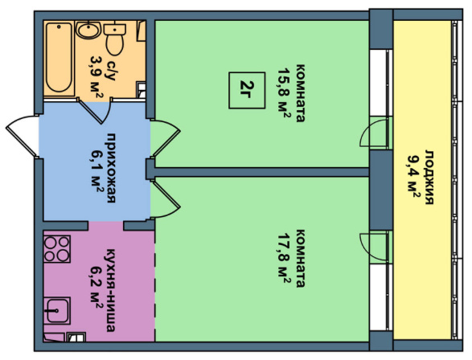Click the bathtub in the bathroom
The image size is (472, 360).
[59, 58]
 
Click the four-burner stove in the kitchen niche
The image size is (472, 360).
[57, 249]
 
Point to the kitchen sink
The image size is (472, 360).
[57, 310]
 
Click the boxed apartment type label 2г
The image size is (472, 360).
[247, 90]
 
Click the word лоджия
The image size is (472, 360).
[429, 177]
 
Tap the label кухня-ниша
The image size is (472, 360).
[110, 290]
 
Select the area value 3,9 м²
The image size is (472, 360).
[96, 77]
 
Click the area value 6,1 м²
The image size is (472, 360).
[96, 170]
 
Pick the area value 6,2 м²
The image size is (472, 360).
[96, 288]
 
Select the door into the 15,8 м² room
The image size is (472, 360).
[166, 137]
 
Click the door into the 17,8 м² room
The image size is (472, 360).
[166, 198]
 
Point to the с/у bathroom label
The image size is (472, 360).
[111, 72]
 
